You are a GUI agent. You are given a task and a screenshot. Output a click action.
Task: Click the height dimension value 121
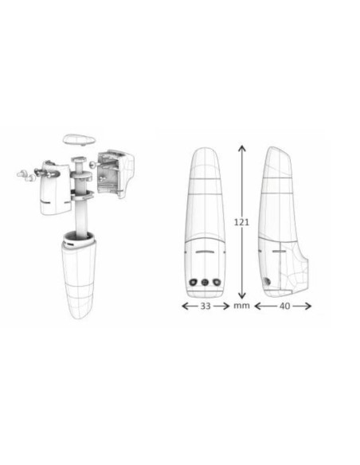(241, 222)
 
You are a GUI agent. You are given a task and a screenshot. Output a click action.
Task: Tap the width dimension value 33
(205, 306)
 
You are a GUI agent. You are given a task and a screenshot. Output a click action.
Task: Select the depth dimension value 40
(284, 306)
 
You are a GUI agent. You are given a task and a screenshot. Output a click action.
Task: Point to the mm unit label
(241, 306)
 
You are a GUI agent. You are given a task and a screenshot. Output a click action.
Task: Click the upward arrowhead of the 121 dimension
(242, 148)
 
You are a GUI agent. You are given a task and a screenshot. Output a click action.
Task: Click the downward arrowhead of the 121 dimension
(242, 295)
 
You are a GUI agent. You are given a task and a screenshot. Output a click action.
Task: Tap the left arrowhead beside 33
(185, 306)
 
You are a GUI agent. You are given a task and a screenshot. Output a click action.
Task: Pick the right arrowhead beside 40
(307, 306)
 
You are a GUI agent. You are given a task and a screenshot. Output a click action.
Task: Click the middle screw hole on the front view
(205, 282)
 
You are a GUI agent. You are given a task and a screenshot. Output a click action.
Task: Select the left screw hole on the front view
(194, 282)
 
